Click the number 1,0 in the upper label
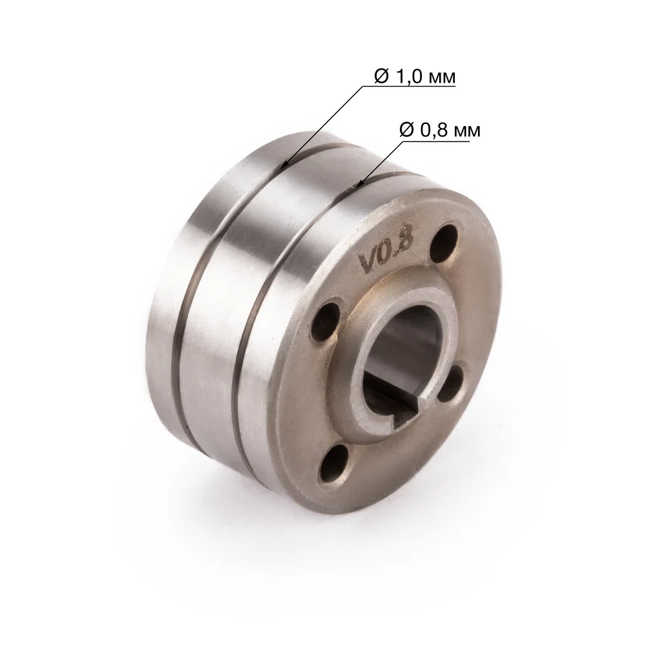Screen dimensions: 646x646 [x=409, y=76]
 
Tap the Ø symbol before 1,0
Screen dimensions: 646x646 [x=382, y=76]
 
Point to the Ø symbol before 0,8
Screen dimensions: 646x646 [x=406, y=130]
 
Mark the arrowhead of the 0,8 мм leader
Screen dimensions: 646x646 [x=359, y=184]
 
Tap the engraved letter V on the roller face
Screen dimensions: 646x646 [x=368, y=262]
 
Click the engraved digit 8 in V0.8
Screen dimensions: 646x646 [x=406, y=240]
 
